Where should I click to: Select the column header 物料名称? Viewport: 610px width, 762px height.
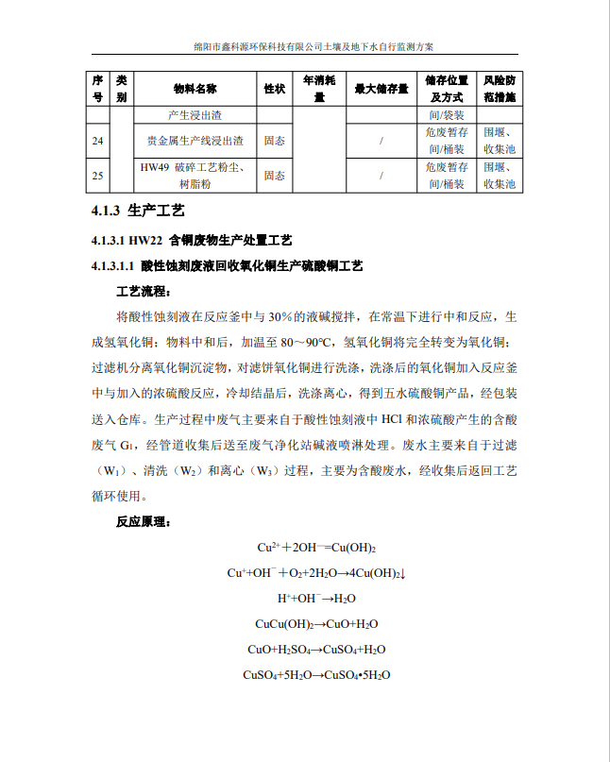195,89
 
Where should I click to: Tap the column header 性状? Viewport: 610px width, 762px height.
275,89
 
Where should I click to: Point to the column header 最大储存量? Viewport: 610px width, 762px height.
381,89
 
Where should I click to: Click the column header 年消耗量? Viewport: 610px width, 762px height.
319,89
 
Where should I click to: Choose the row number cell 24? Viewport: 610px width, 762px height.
98,142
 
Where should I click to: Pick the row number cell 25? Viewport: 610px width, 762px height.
98,176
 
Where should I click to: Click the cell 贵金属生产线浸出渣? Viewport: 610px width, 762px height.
195,142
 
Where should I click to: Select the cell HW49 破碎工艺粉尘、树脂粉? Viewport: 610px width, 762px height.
195,176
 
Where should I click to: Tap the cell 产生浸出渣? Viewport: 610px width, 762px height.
195,115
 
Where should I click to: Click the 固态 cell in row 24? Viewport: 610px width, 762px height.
275,142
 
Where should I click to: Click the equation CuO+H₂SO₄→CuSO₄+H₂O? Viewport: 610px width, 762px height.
317,650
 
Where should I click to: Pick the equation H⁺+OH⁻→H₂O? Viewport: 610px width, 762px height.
317,599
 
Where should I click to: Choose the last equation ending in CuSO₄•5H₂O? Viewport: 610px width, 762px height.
317,675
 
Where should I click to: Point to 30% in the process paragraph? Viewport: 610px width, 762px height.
284,316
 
